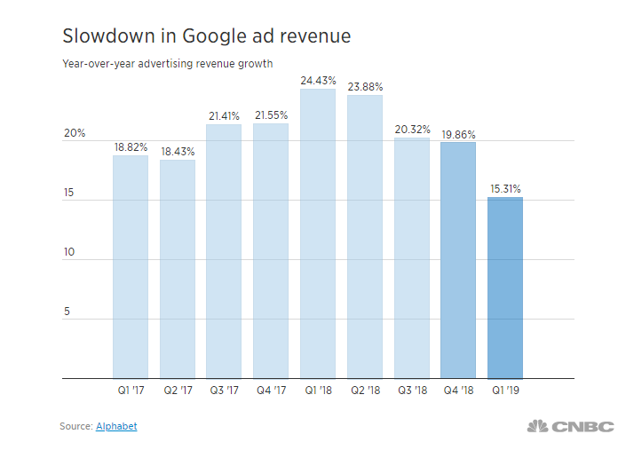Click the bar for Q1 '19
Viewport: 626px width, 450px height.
point(505,288)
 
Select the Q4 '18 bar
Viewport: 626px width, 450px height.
point(458,260)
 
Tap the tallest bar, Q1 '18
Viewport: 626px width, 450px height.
point(318,233)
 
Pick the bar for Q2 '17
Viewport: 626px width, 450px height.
point(178,269)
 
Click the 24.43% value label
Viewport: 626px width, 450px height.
point(318,81)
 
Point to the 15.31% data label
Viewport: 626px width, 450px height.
point(505,189)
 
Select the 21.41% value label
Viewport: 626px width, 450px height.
point(225,116)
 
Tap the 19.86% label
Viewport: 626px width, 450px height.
point(458,135)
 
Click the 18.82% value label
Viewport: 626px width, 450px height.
point(131,148)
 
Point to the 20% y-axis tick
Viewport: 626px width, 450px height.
point(75,134)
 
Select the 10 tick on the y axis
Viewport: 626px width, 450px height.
point(69,253)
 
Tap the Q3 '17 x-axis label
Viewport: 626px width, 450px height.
point(225,390)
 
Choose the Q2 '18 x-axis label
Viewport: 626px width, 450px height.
point(365,390)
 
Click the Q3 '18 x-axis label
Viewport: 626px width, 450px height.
point(411,390)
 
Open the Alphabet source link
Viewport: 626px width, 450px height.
point(116,427)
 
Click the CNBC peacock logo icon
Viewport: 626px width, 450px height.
point(537,427)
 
